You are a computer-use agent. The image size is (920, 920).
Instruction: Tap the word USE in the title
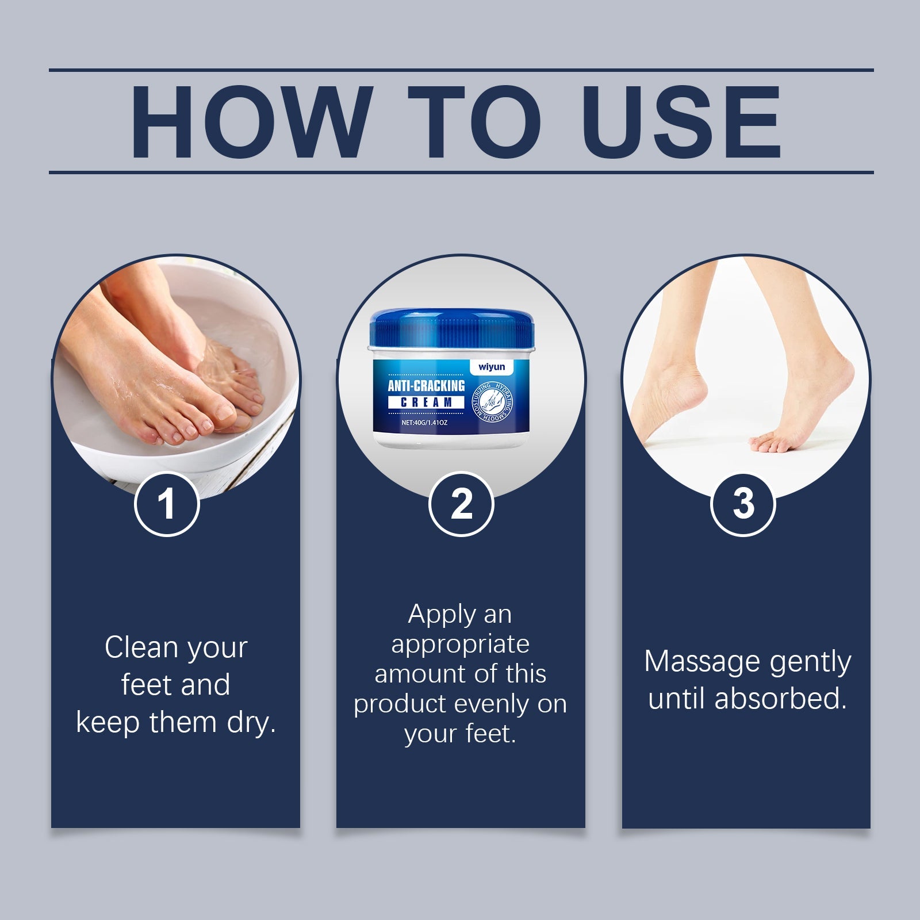click(684, 122)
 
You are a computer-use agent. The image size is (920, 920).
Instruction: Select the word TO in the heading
click(474, 122)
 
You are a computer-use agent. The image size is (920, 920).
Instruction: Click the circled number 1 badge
click(167, 504)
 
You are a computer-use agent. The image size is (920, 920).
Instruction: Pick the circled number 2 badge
click(461, 504)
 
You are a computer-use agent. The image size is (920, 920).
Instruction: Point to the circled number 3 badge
click(743, 504)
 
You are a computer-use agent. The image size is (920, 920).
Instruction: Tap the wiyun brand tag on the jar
click(491, 367)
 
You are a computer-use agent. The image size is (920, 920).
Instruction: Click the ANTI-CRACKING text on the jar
click(426, 385)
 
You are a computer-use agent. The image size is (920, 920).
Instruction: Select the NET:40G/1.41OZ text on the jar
click(424, 423)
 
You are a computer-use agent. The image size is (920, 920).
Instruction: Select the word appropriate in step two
click(460, 644)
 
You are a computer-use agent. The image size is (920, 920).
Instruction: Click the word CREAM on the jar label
click(426, 402)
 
